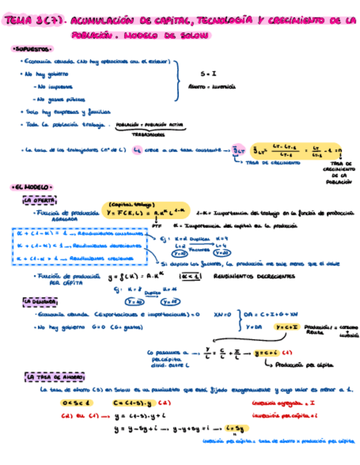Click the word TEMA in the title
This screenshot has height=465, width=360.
tap(18, 21)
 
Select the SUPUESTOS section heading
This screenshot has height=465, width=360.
tap(31, 49)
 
